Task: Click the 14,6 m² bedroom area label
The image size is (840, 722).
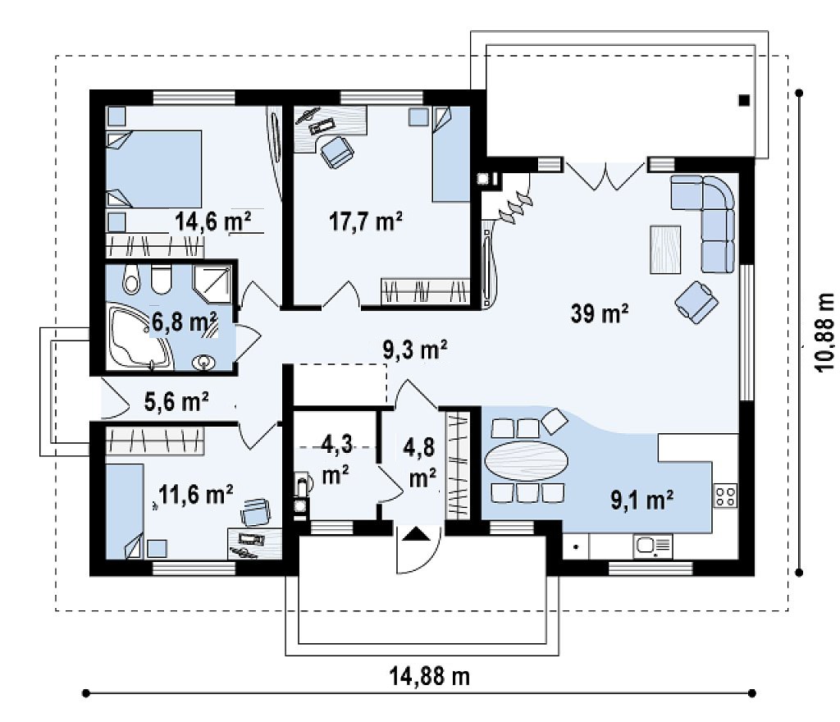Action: [213, 221]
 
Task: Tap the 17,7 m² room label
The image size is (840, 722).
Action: [366, 221]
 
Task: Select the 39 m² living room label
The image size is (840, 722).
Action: [600, 313]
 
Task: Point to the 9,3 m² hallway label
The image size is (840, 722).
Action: [415, 350]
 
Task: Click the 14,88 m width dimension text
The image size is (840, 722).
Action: [430, 677]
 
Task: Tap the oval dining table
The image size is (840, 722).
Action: [527, 460]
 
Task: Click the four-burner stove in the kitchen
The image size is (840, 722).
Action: [725, 495]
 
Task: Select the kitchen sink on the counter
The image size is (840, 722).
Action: [653, 546]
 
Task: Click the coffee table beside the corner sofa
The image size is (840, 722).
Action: [665, 249]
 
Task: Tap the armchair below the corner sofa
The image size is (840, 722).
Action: [696, 302]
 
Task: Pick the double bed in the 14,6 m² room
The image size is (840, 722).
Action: [153, 169]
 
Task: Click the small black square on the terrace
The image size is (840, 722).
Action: [744, 100]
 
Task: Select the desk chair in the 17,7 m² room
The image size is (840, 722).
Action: [337, 152]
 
